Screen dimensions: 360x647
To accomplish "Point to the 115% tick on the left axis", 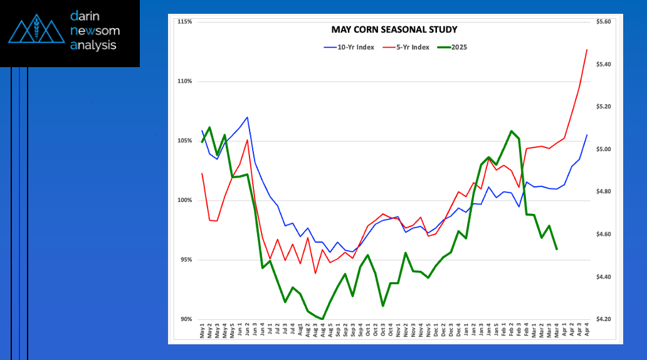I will tap(185, 22).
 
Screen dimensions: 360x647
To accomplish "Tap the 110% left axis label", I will tap(185, 82).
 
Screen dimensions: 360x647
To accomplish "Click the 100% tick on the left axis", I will tap(185, 201).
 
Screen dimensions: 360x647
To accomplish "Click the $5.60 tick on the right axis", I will tap(604, 22).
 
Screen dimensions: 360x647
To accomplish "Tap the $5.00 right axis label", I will tap(604, 149).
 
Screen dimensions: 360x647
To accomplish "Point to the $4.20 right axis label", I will tap(604, 319).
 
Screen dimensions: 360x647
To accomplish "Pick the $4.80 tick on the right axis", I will tap(604, 192).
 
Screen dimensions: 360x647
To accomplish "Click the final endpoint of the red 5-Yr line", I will tap(587, 50).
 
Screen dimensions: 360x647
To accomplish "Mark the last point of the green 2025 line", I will tap(557, 249).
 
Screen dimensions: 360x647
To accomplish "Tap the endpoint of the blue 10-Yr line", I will tap(587, 135).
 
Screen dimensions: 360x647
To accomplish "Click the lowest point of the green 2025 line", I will tap(323, 319).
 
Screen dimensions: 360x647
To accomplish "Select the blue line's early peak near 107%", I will tap(248, 117).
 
